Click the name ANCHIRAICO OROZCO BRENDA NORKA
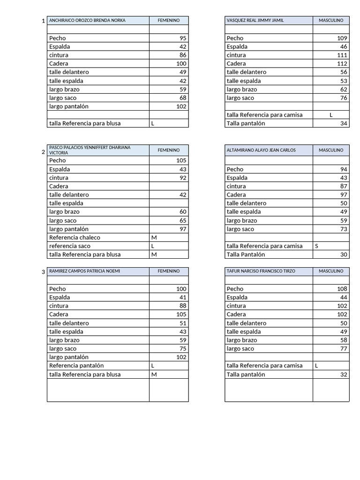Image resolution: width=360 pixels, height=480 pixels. coord(87,21)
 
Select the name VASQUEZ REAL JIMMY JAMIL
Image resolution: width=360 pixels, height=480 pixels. coord(255,21)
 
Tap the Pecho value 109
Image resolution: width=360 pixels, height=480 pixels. coord(342,38)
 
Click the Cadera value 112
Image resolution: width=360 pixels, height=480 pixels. coord(342,64)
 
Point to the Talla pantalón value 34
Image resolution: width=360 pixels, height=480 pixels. coord(344,123)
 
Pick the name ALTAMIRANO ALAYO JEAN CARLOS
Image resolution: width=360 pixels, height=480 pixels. coord(261,150)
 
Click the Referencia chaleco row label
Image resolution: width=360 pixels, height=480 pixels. coord(75,238)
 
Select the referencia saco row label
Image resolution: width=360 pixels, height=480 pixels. coord(70,246)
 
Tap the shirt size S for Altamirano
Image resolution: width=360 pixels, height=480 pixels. coord(317,246)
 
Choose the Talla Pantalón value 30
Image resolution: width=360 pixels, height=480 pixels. coord(344,255)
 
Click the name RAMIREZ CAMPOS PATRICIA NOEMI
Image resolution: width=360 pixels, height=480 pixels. coord(88,271)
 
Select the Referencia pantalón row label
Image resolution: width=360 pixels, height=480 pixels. coord(76,366)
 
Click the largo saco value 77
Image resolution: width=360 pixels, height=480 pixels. coord(344,349)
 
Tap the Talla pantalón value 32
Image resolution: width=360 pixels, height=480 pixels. coord(344,375)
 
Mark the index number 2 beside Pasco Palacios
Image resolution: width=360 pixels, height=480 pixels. coord(43,152)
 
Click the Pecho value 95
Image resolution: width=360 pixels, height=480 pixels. coord(183,38)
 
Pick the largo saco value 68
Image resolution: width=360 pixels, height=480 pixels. coord(183,98)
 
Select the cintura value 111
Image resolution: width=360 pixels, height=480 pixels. coord(342,55)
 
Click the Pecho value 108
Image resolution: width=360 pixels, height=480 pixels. coord(342,289)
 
